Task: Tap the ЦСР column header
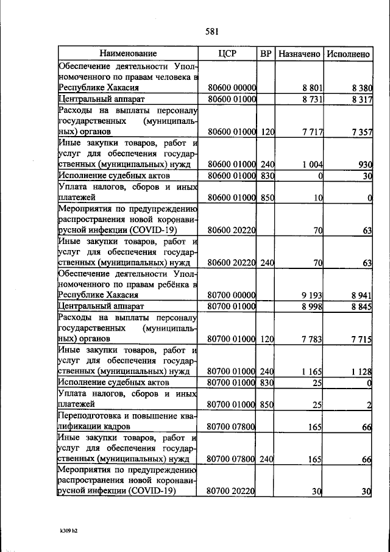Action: [x=227, y=54]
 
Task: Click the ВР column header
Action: [x=266, y=54]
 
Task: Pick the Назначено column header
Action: [x=299, y=54]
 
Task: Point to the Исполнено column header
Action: [x=348, y=54]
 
